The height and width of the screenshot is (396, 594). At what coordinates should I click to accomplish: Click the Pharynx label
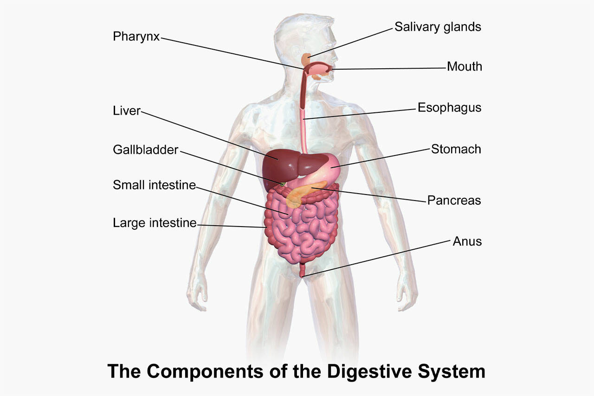[x=136, y=37]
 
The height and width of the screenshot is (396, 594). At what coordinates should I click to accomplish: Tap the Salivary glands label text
[x=438, y=27]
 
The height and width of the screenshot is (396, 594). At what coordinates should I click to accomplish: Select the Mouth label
[x=465, y=66]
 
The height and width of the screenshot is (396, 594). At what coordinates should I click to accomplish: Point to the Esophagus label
[x=450, y=108]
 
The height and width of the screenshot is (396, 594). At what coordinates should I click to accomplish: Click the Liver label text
[x=127, y=110]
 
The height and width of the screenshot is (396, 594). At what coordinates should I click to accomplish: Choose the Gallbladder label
[x=146, y=150]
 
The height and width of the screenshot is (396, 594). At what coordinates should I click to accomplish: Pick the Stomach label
[x=456, y=149]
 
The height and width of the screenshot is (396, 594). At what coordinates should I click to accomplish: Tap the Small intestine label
[x=155, y=185]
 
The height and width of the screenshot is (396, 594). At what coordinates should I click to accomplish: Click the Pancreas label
[x=454, y=200]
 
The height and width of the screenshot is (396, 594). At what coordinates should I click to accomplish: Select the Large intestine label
[x=155, y=223]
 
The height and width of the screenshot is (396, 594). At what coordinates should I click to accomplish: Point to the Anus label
[x=467, y=241]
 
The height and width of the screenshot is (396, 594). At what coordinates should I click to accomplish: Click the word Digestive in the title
[x=369, y=371]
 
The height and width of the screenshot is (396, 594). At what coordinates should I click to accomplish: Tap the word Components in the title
[x=205, y=372]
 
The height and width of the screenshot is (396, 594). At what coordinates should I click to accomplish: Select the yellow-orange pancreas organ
[x=305, y=193]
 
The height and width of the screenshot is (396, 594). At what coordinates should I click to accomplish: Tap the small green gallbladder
[x=283, y=184]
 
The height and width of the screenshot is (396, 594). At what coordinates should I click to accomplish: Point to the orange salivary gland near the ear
[x=307, y=59]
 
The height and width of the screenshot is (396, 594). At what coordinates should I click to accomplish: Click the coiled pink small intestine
[x=302, y=228]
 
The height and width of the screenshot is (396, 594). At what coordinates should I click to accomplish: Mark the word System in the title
[x=452, y=372]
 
